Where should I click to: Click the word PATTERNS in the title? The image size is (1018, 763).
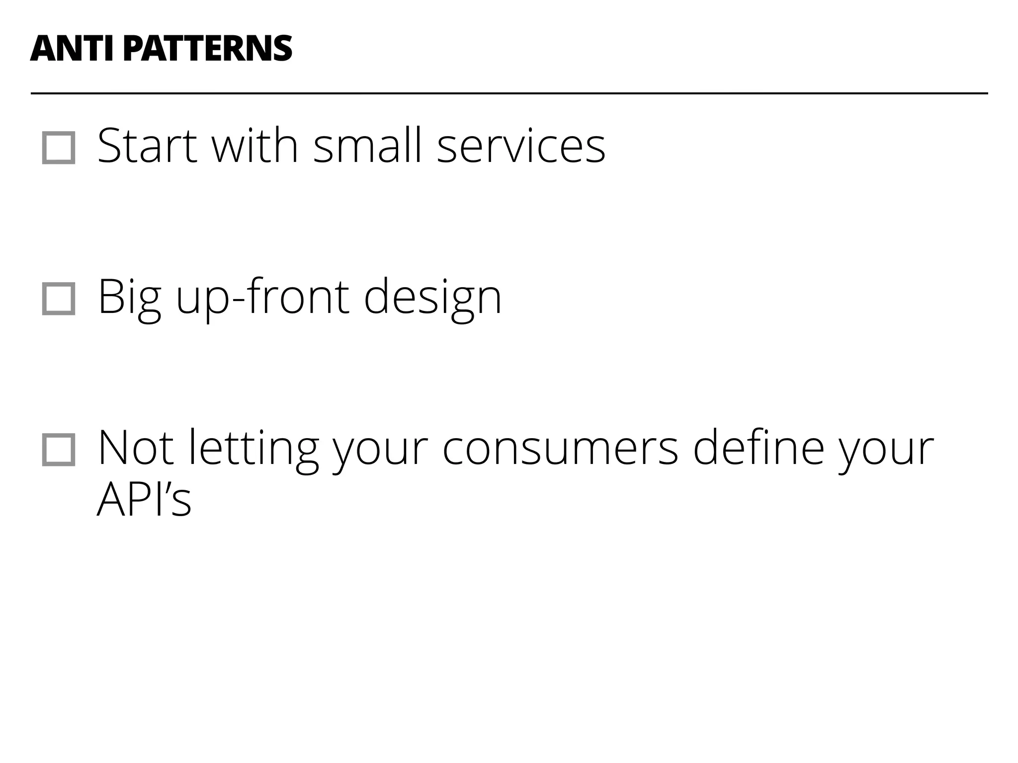point(207,49)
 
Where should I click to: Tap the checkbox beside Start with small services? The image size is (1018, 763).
point(59,148)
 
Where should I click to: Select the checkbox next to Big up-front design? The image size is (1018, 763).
point(59,299)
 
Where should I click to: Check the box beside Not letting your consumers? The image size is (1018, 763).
point(59,450)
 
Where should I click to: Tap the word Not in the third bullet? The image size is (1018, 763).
point(135,448)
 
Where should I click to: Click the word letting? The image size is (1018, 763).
point(253,448)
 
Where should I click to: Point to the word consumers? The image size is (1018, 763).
point(560,448)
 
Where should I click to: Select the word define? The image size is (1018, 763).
point(759,448)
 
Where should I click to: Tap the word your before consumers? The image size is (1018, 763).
point(380,448)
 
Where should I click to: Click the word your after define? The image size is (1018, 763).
point(886,448)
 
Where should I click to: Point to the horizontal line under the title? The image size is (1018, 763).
point(509,93)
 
